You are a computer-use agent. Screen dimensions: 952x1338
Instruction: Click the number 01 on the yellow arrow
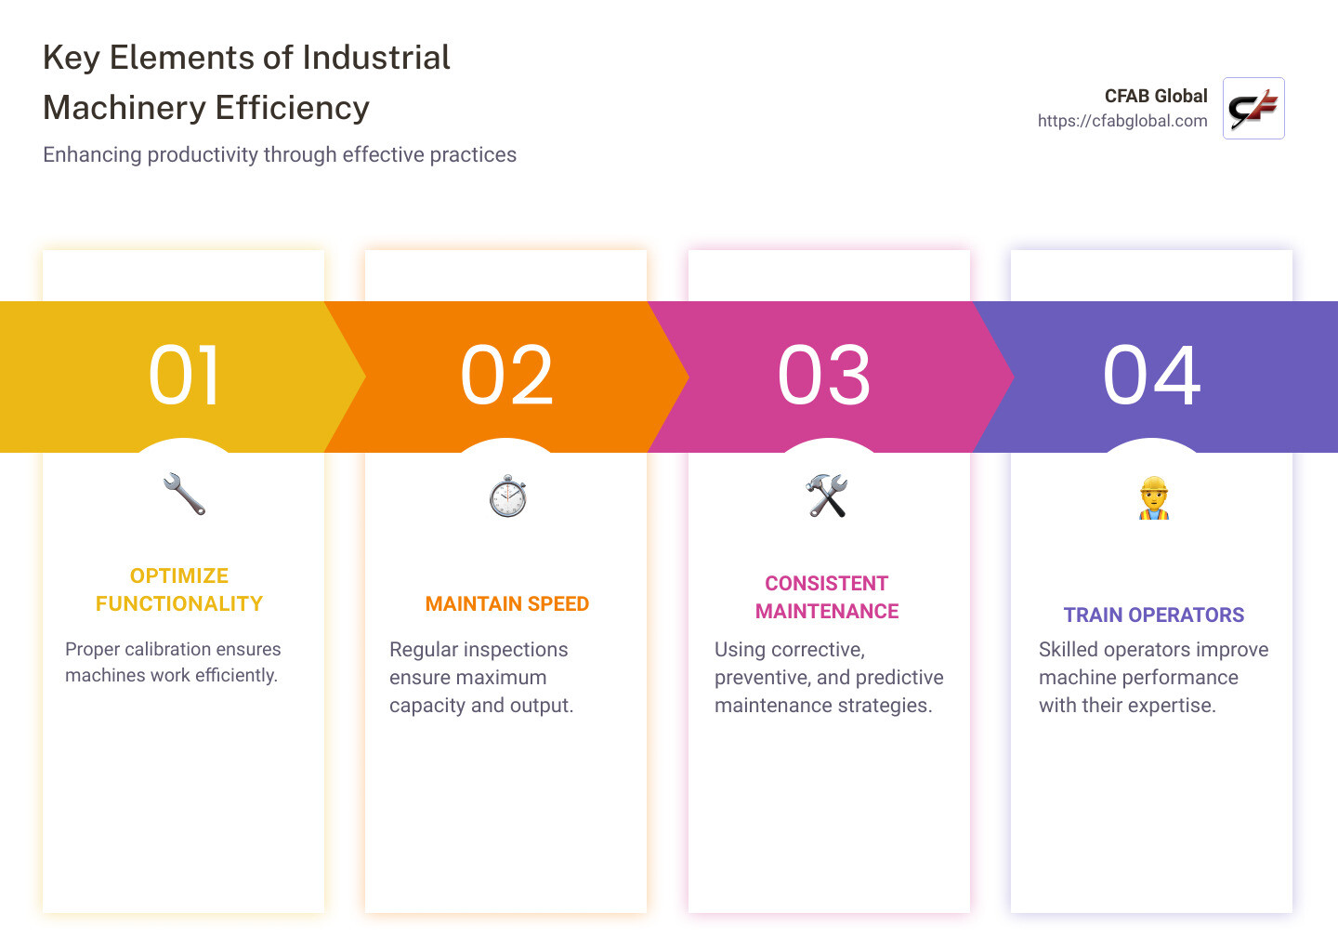(184, 376)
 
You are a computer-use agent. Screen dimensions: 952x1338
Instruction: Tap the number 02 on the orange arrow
(506, 376)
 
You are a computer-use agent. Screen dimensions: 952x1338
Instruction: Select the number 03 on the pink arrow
(824, 376)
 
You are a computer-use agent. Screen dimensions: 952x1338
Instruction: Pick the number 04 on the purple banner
(1151, 376)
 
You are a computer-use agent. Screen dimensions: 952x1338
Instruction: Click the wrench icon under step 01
(184, 495)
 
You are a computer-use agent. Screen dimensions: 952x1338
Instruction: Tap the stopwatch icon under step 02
(507, 496)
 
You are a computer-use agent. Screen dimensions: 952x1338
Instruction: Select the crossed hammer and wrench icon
(827, 496)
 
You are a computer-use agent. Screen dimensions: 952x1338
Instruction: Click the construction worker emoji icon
(1153, 497)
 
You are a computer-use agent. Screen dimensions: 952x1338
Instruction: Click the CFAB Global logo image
(1253, 109)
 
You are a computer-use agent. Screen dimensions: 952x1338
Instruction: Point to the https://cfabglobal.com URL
(1122, 121)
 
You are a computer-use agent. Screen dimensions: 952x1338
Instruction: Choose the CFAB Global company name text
(1155, 96)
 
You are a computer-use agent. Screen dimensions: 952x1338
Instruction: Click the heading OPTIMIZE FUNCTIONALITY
(179, 589)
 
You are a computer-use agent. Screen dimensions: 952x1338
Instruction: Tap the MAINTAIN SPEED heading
(507, 604)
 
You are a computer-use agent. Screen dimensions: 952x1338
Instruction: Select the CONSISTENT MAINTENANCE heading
(827, 597)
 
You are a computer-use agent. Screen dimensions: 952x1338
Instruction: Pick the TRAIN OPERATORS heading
(1153, 615)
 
